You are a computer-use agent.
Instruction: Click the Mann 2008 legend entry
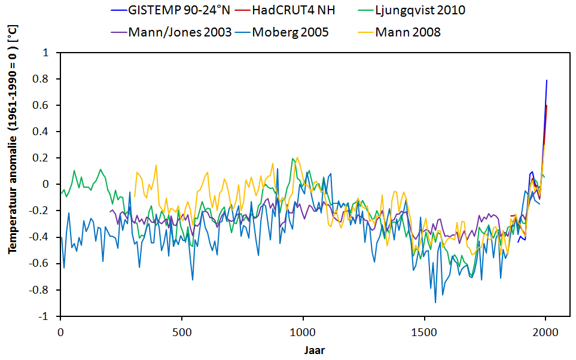pos(408,32)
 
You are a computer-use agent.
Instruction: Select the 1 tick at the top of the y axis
pos(51,53)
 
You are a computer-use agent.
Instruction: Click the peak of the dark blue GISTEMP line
pos(547,80)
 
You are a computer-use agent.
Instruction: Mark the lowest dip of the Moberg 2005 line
pos(435,303)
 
